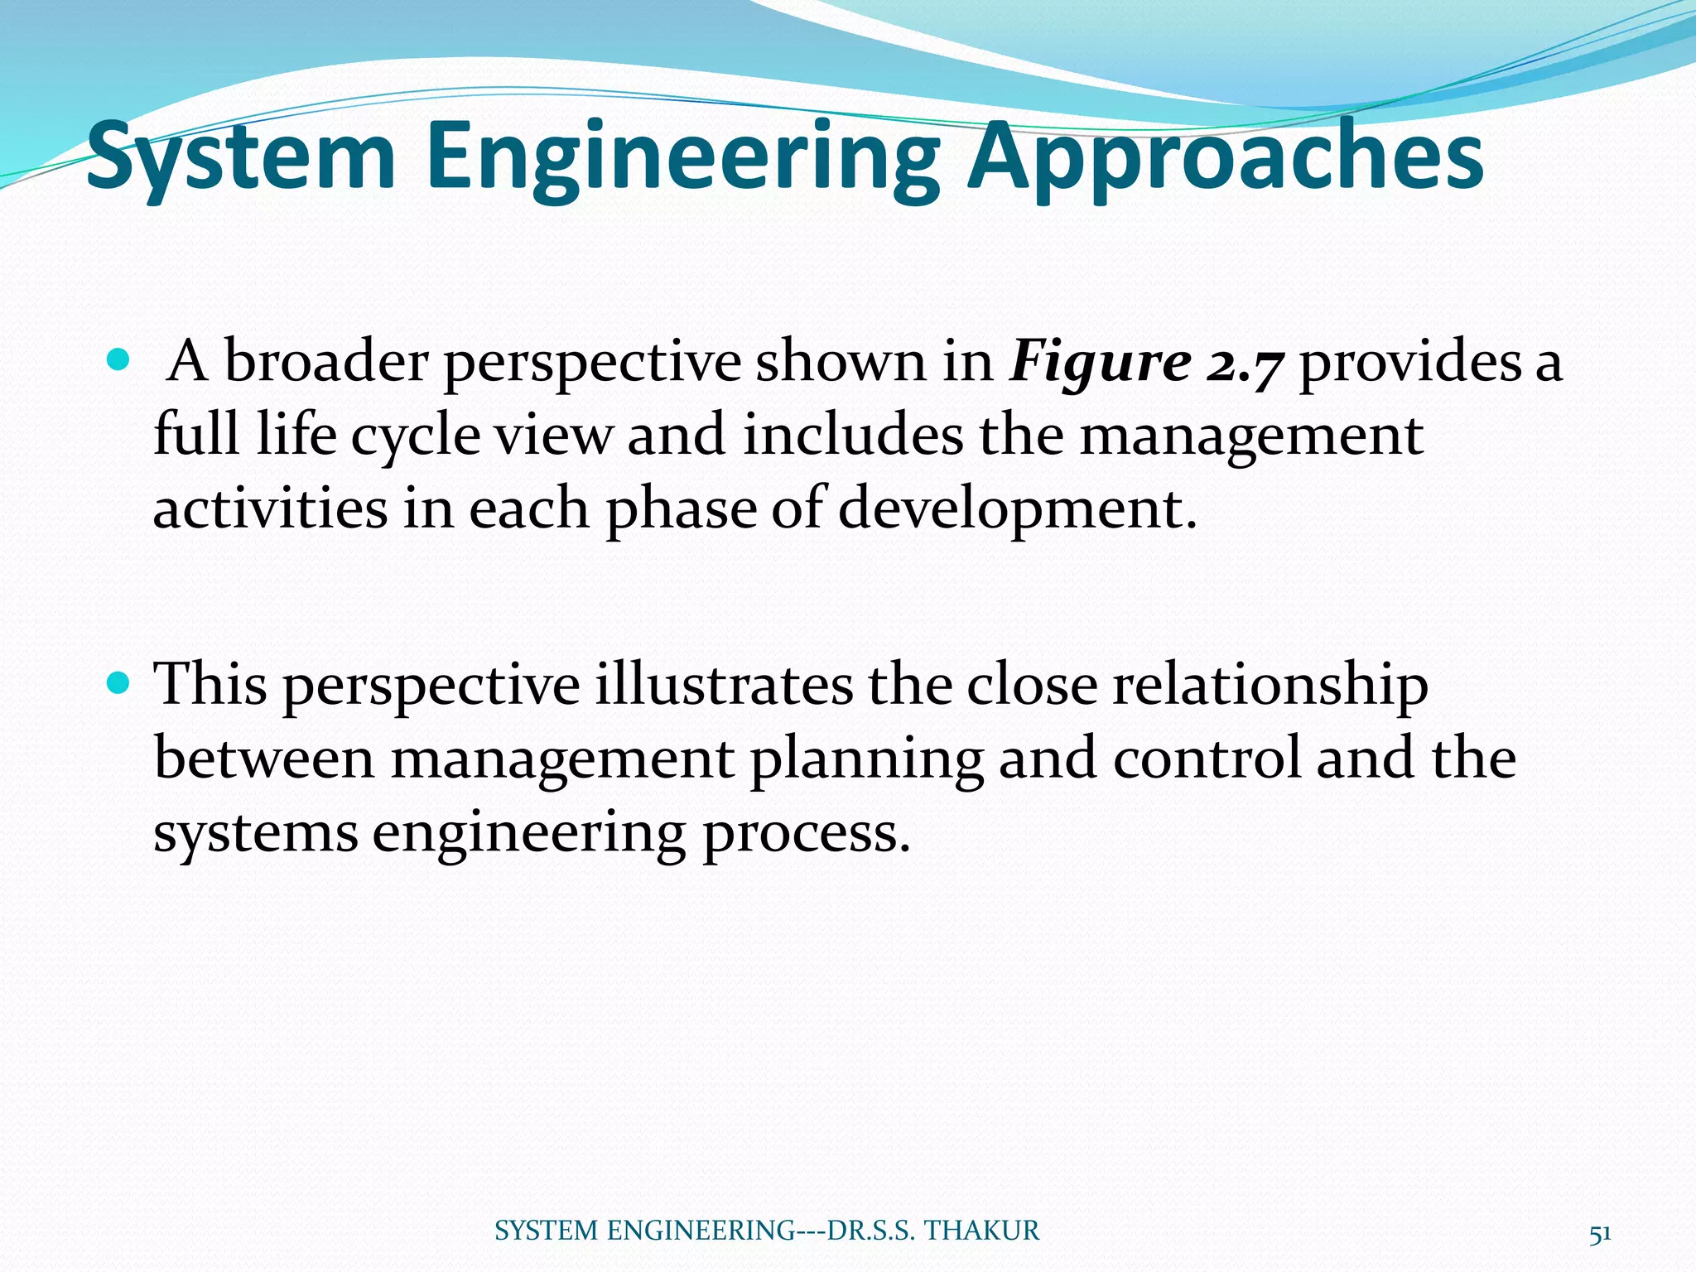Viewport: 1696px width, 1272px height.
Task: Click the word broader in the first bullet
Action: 325,363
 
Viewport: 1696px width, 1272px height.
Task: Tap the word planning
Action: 866,759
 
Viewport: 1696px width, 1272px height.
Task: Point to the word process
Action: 806,833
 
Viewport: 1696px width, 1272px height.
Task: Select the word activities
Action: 270,508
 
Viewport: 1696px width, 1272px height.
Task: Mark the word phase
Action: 681,510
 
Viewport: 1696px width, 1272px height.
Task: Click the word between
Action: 264,759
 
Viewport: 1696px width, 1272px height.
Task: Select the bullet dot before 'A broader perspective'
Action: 119,360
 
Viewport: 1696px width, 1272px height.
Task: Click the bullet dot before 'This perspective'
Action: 119,683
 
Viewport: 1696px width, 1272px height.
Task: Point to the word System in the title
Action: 241,157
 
